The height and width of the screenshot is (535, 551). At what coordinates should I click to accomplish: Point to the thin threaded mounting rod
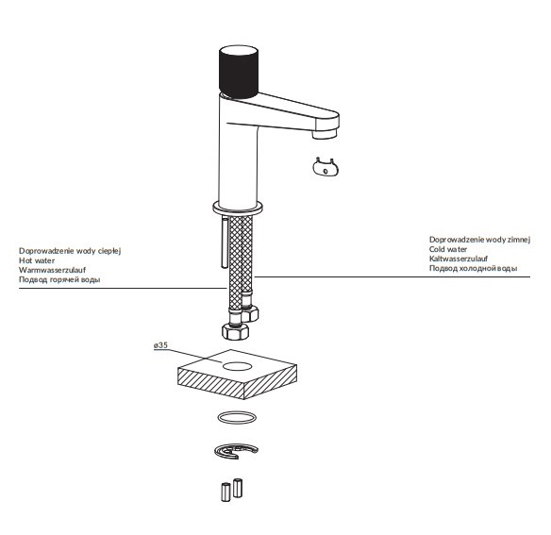223,244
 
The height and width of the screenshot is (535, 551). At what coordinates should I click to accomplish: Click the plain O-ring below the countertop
236,418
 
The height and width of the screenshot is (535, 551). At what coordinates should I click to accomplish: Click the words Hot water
37,260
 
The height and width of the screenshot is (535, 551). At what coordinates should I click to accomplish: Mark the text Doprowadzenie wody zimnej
468,240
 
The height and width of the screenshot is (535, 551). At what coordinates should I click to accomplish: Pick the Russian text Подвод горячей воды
59,280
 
